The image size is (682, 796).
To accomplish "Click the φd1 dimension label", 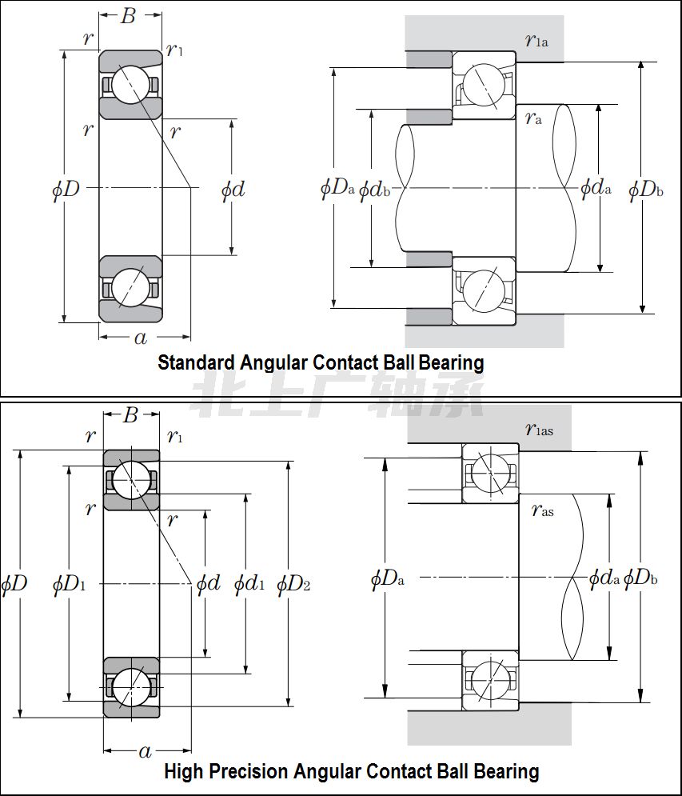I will pos(249,585).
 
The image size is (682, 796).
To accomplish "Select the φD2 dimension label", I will pos(293,585).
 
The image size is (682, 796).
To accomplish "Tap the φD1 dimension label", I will pos(69,585).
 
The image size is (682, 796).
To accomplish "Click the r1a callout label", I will pos(536,41).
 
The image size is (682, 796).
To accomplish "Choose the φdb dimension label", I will pos(373,190).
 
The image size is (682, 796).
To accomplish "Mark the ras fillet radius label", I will pos(542,510).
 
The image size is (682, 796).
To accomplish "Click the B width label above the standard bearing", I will pos(128,15).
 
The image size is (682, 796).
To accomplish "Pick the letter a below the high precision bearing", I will pos(145,751).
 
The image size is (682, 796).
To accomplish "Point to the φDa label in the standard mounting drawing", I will pos(337,189).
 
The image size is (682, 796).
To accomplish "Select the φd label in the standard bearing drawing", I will pos(233,190).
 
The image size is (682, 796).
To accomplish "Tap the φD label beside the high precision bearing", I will pos(15,583).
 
